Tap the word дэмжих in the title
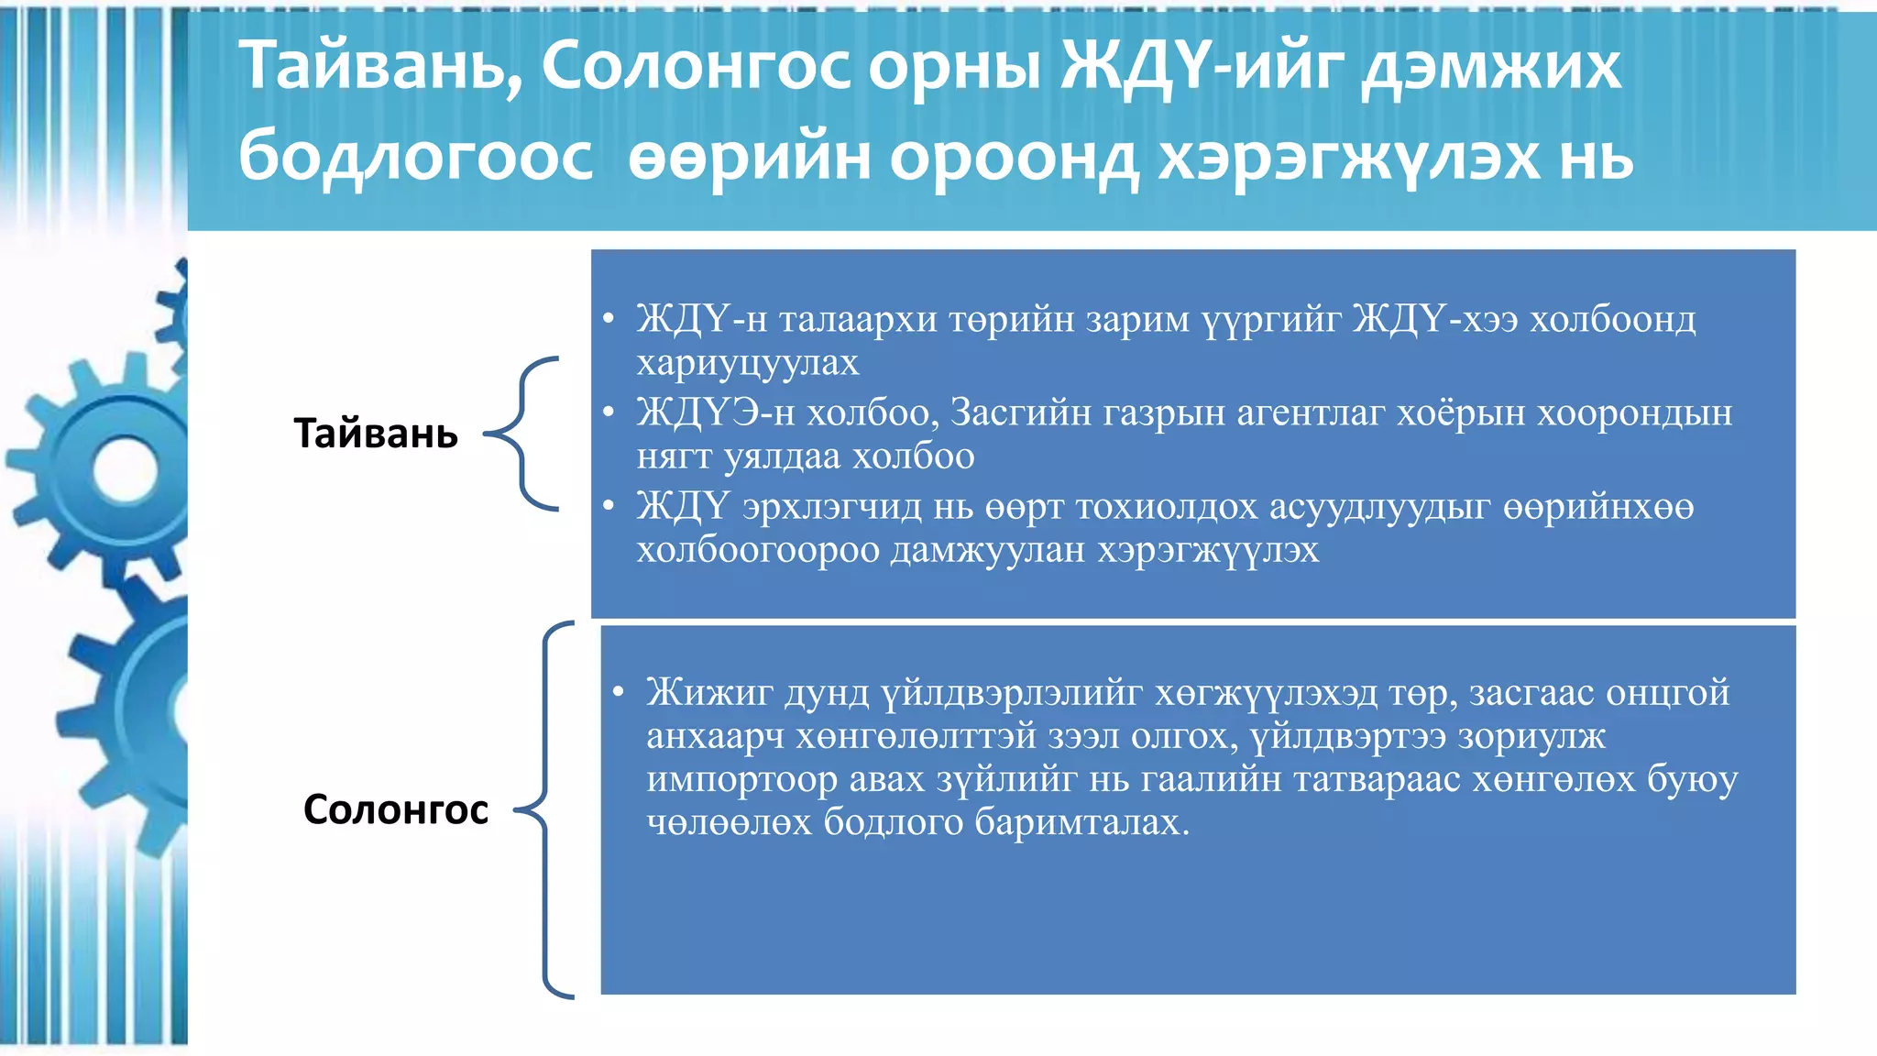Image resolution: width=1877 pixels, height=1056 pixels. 1491,67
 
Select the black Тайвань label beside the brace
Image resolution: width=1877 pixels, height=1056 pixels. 376,434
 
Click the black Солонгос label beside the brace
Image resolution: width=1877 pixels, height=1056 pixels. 395,809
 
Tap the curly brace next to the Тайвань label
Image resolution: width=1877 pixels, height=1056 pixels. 523,433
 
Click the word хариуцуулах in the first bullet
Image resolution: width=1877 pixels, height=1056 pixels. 748,363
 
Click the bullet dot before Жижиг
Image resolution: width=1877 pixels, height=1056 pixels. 619,692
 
